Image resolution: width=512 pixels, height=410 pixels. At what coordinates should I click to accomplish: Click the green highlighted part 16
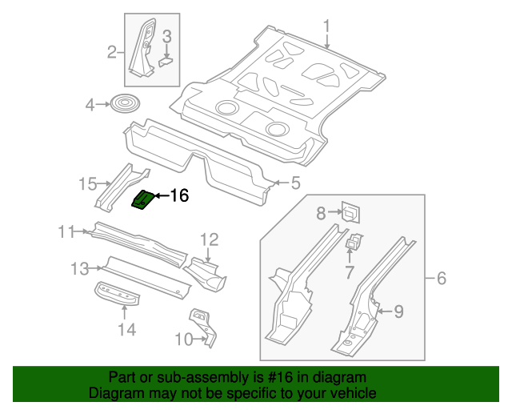click(x=142, y=199)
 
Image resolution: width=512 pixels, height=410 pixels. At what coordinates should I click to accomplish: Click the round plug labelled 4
click(x=124, y=103)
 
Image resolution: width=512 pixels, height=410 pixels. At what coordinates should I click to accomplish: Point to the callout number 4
click(x=90, y=104)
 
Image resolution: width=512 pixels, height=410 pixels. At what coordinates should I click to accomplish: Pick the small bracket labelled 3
click(x=166, y=58)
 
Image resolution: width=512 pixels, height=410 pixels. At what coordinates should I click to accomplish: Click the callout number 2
click(x=112, y=53)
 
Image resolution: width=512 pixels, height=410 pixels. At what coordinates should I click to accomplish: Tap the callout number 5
click(x=295, y=184)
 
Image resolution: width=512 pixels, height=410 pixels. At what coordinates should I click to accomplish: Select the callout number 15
click(x=87, y=185)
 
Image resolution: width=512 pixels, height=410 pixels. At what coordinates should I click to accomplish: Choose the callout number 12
click(x=209, y=239)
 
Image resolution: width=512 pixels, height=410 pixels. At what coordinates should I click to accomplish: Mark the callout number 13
click(x=79, y=268)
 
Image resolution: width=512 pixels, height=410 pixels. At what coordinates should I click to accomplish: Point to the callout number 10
click(x=183, y=340)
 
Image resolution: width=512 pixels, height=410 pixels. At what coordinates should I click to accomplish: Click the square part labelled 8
click(x=350, y=211)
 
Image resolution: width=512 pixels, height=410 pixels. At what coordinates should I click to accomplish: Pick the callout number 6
click(x=441, y=279)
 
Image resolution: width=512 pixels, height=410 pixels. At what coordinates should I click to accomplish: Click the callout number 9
click(x=398, y=311)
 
